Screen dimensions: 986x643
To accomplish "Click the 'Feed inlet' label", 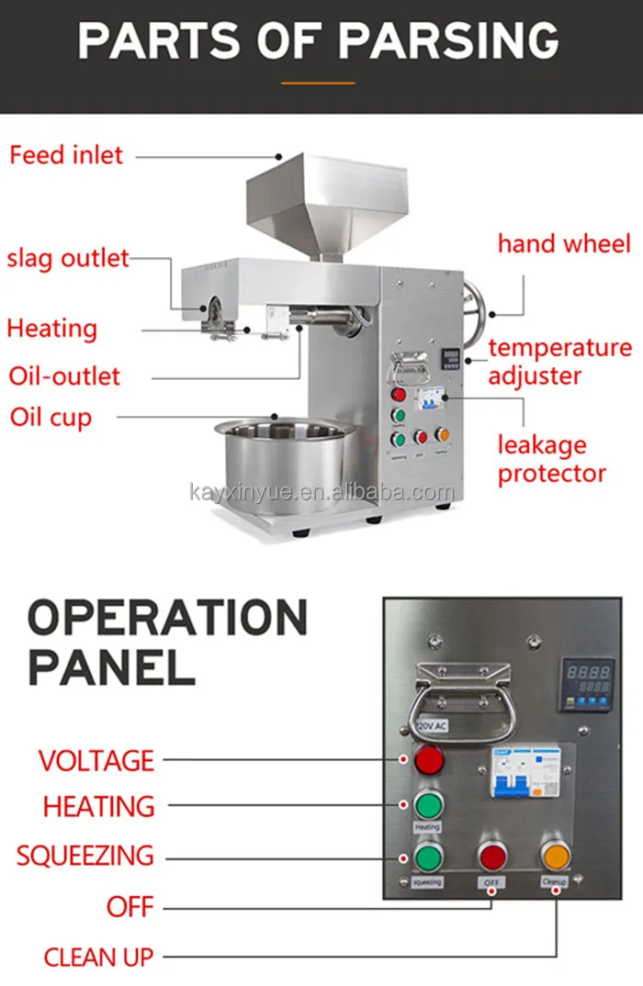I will tap(66, 154).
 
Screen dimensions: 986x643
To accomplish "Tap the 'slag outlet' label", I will tap(68, 258).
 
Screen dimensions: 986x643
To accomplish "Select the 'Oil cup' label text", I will tap(51, 418).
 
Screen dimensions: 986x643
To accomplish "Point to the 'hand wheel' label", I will tap(564, 243).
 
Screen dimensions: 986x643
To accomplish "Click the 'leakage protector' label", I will tap(551, 459).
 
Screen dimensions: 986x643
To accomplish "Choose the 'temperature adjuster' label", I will tap(560, 362).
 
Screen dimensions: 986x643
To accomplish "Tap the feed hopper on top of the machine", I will tap(325, 197).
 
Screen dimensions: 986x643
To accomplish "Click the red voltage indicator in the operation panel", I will tap(428, 760).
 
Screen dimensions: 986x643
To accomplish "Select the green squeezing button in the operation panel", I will tap(427, 857).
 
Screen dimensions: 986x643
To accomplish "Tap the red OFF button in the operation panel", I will tap(492, 857).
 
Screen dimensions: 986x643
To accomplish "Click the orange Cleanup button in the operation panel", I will tap(555, 856).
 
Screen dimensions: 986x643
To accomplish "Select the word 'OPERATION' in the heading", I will tap(168, 620).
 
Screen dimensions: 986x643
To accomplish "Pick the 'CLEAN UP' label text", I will tap(98, 958).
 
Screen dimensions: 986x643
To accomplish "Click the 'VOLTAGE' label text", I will tap(96, 760).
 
